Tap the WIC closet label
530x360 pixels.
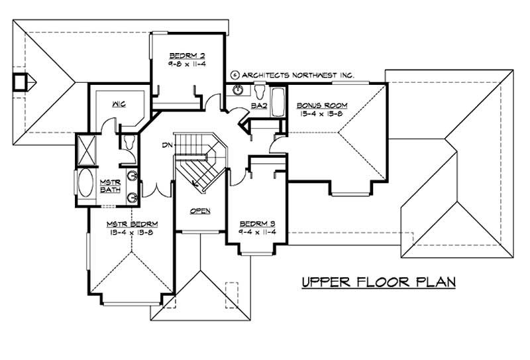(x=119, y=104)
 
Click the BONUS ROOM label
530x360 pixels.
(x=319, y=105)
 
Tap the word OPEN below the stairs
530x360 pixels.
(x=200, y=211)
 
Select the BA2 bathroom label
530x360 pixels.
(x=258, y=105)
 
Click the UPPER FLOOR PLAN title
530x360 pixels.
(x=378, y=282)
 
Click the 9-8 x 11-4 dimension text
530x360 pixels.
(x=184, y=64)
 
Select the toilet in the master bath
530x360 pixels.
(x=129, y=141)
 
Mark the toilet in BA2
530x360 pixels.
(x=260, y=91)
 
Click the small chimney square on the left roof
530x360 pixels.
(x=21, y=82)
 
